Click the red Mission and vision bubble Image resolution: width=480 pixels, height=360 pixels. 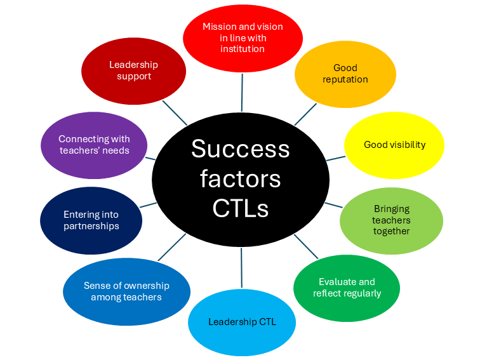pos(243,38)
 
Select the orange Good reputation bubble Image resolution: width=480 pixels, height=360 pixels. pos(345,74)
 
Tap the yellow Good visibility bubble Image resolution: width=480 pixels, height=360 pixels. pos(394,145)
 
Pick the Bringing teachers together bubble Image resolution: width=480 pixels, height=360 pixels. pos(391,220)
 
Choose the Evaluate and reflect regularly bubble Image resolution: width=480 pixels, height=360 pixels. pos(347,288)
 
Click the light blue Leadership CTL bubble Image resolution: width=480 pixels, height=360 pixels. pos(242,322)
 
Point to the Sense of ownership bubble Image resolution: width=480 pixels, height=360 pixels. pos(126,291)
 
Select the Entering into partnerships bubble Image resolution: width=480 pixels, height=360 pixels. pos(91,220)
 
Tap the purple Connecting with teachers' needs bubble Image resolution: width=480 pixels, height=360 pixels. pos(94,145)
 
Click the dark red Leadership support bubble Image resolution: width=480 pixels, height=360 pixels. pos(133,70)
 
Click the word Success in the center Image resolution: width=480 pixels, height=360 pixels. pos(240,149)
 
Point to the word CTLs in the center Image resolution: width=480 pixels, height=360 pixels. pos(240,208)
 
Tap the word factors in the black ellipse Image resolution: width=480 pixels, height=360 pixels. pos(240,178)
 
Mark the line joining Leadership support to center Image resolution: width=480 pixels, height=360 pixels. pos(175,113)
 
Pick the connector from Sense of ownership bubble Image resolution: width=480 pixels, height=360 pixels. pos(171,247)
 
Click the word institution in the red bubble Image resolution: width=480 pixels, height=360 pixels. pos(243,49)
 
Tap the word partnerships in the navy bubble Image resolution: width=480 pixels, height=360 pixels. pos(91,226)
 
